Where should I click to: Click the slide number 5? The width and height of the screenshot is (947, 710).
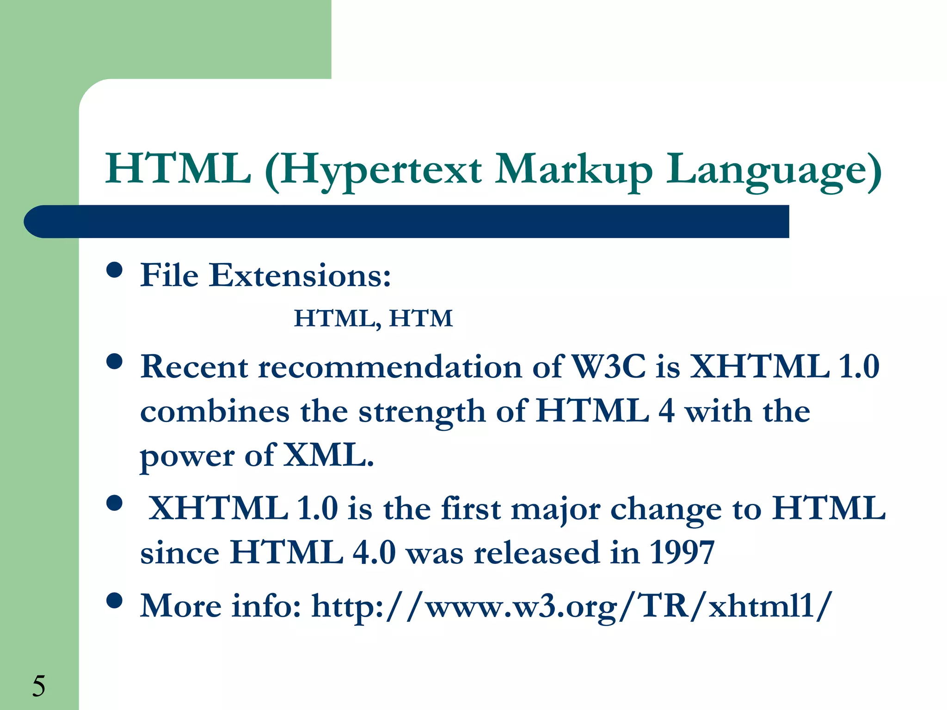(x=39, y=686)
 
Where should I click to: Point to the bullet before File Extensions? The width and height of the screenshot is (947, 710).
(x=114, y=269)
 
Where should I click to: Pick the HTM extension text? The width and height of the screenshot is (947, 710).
(x=421, y=318)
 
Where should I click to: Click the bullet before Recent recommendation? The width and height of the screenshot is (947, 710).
(x=114, y=361)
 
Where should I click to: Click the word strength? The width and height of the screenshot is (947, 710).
(x=422, y=411)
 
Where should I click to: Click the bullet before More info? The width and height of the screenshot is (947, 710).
(x=114, y=600)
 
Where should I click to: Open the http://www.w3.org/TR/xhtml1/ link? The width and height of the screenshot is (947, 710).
(x=572, y=606)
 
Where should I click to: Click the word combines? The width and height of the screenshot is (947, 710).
(x=215, y=411)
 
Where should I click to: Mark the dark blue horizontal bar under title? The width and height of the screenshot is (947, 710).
(x=407, y=222)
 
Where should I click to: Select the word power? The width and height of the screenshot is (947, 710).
(x=187, y=457)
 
